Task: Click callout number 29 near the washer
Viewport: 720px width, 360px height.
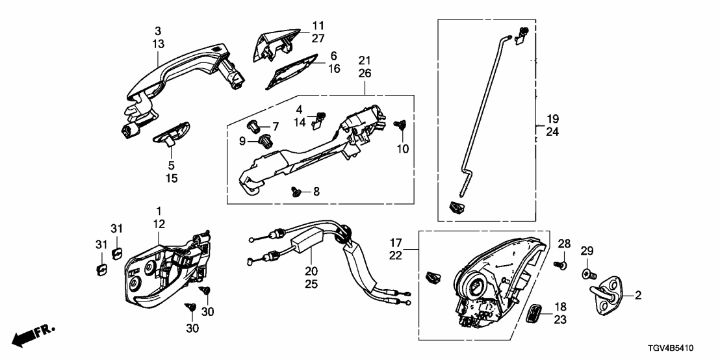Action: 587,251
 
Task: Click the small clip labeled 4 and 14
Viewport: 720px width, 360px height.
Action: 319,118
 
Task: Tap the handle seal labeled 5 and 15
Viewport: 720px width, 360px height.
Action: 170,135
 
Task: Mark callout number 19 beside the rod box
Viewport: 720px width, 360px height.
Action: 552,120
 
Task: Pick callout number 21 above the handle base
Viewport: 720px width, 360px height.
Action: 365,60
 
